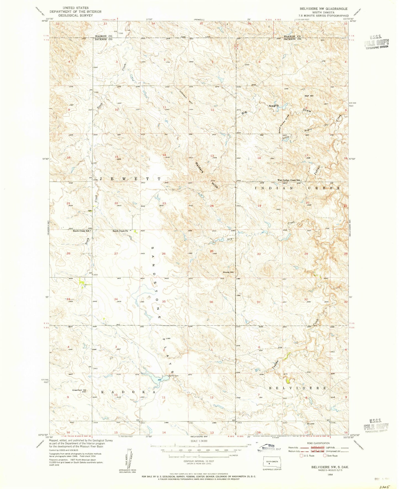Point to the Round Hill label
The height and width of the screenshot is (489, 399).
coord(228,272)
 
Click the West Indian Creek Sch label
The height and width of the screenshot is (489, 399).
coord(289,180)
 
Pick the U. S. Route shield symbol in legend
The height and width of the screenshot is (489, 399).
coord(305,456)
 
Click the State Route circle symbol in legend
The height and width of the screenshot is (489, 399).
coord(325,456)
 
